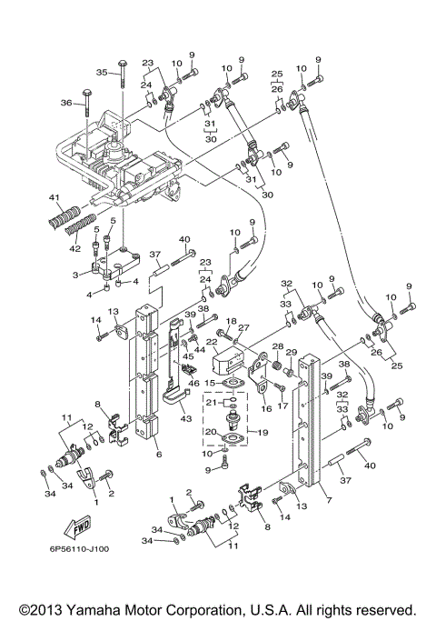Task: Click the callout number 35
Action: pyautogui.click(x=102, y=72)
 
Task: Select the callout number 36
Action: pyautogui.click(x=64, y=103)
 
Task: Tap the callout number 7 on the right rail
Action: pyautogui.click(x=327, y=501)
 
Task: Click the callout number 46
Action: pyautogui.click(x=194, y=385)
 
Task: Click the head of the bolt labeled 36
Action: pyautogui.click(x=85, y=94)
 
